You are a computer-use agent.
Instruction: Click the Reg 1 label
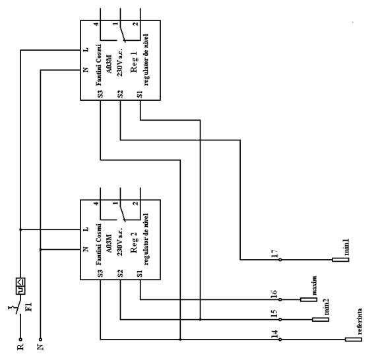[x=134, y=62]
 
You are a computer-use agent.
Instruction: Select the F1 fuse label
[x=28, y=307]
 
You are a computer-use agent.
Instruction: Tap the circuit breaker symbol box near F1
[x=20, y=286]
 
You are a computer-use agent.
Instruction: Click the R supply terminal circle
[x=20, y=340]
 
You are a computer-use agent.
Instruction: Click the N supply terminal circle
[x=40, y=340]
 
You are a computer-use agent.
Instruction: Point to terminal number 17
[x=275, y=254]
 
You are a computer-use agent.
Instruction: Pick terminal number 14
[x=275, y=334]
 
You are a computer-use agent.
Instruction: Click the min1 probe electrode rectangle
[x=340, y=260]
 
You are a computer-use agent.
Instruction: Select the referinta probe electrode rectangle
[x=354, y=340]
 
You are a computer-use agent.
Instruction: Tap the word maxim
[x=314, y=285]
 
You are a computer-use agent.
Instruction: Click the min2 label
[x=326, y=307]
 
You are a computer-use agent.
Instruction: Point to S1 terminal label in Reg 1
[x=140, y=94]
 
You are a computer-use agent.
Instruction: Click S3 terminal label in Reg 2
[x=100, y=274]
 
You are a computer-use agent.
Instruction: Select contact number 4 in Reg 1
[x=96, y=24]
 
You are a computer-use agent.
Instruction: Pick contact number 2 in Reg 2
[x=136, y=204]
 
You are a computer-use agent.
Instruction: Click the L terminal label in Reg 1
[x=86, y=49]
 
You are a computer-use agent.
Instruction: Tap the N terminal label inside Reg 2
[x=86, y=249]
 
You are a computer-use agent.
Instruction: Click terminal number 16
[x=274, y=294]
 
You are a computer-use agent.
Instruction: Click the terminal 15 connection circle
[x=280, y=320]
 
